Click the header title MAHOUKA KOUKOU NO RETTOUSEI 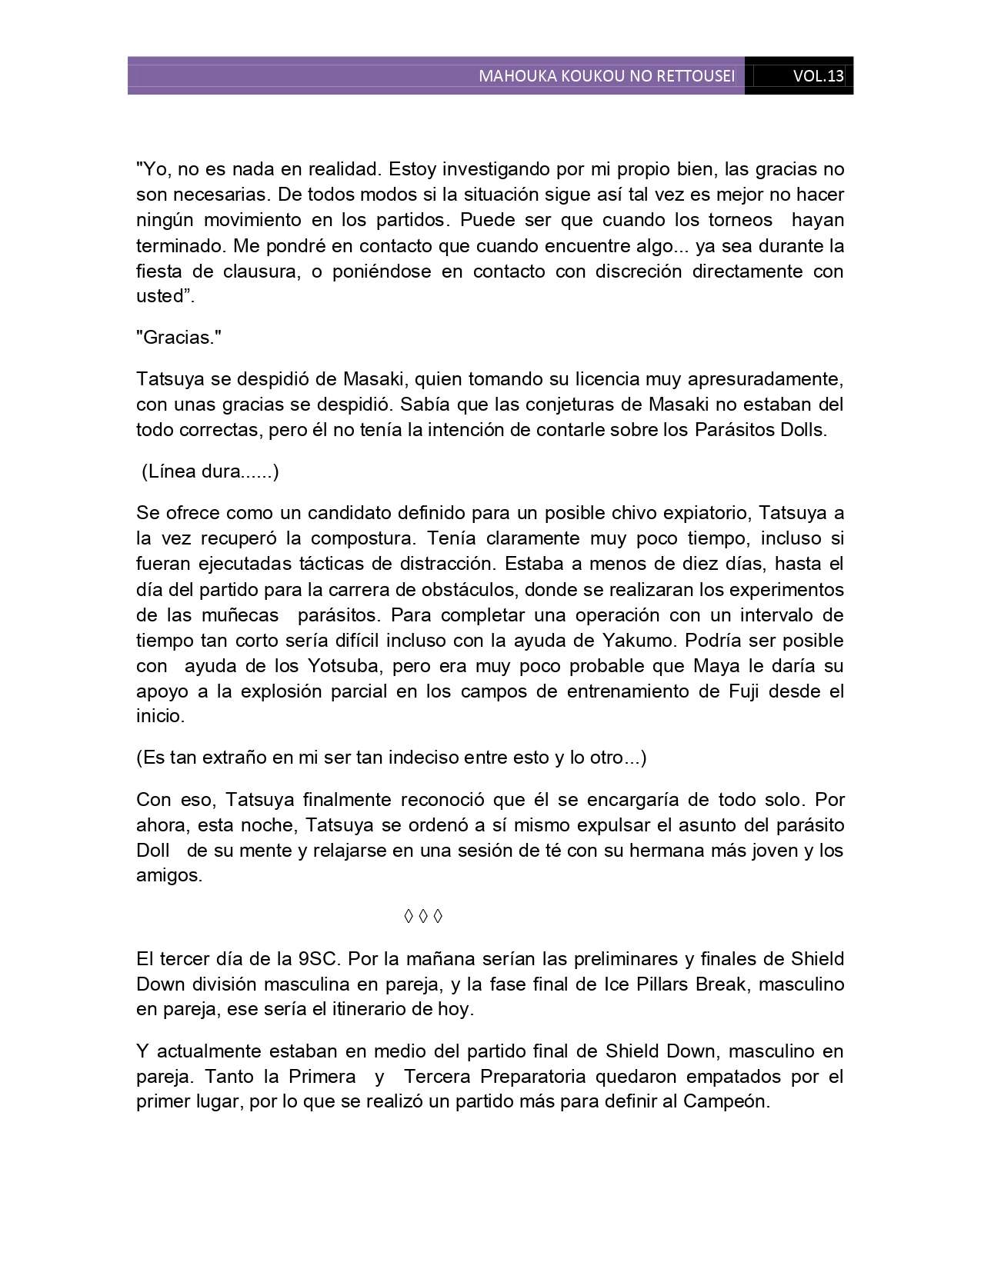(606, 76)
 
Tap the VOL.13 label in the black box (818, 76)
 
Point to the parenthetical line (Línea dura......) (210, 471)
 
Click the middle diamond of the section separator (423, 917)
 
